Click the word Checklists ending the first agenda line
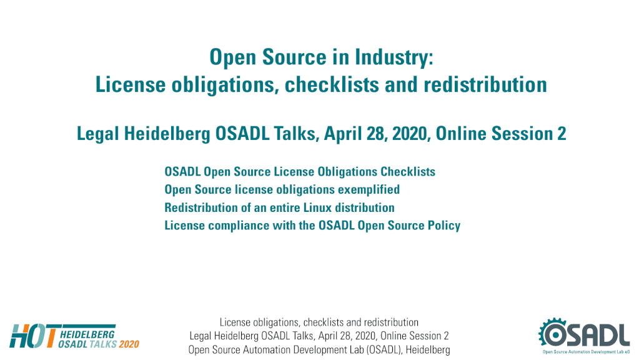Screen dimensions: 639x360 coord(407,172)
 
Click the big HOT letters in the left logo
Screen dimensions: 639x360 coord(34,336)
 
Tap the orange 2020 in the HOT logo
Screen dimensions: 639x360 coord(129,344)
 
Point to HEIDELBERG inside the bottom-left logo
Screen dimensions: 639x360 coord(87,335)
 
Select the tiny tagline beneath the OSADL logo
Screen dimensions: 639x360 coord(586,352)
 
